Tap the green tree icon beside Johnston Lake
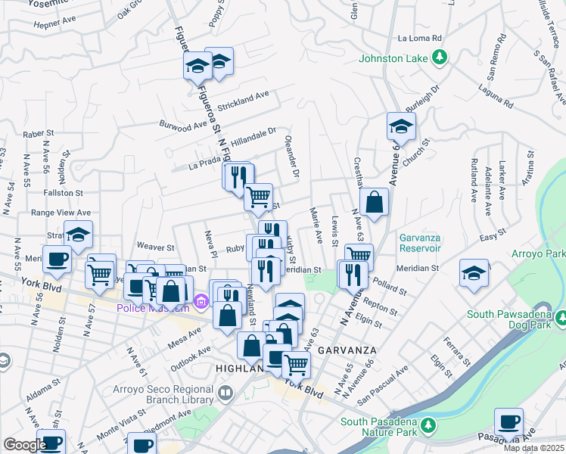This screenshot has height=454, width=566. (438, 58)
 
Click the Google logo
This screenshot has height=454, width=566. (25, 445)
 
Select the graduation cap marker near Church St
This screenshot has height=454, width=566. (401, 127)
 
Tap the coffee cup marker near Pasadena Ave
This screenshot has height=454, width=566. (508, 421)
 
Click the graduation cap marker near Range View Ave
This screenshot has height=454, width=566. (78, 235)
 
